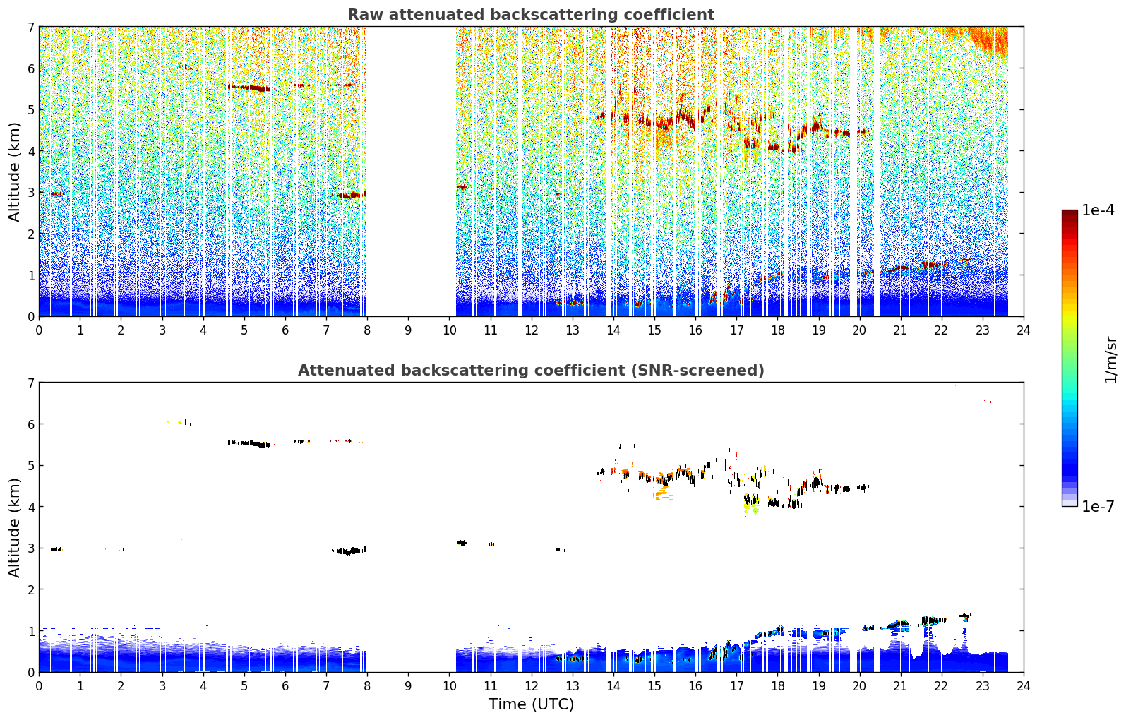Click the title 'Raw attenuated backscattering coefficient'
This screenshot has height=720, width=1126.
click(x=531, y=15)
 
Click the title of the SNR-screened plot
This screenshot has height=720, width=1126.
click(x=531, y=370)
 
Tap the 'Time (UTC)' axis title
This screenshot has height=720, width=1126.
click(x=531, y=704)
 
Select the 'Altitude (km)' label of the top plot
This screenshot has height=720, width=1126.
click(x=13, y=172)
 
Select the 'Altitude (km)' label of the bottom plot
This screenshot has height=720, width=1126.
click(x=13, y=527)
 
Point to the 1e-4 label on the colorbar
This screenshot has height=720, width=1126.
click(x=1098, y=210)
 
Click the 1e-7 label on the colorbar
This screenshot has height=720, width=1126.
click(x=1098, y=506)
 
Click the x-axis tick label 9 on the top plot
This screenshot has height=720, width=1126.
click(x=407, y=330)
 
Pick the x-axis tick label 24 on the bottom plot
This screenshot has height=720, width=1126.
click(x=1024, y=686)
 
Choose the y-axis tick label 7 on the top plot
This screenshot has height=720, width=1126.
click(x=31, y=27)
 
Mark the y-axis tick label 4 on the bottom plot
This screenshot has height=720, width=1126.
click(x=31, y=507)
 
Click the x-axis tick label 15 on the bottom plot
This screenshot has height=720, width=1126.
click(x=654, y=686)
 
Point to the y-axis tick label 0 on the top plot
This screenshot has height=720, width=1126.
click(x=31, y=317)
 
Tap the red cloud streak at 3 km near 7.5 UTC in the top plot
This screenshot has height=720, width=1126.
click(x=349, y=195)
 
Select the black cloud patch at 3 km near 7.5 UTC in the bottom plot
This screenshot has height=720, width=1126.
click(x=349, y=551)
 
